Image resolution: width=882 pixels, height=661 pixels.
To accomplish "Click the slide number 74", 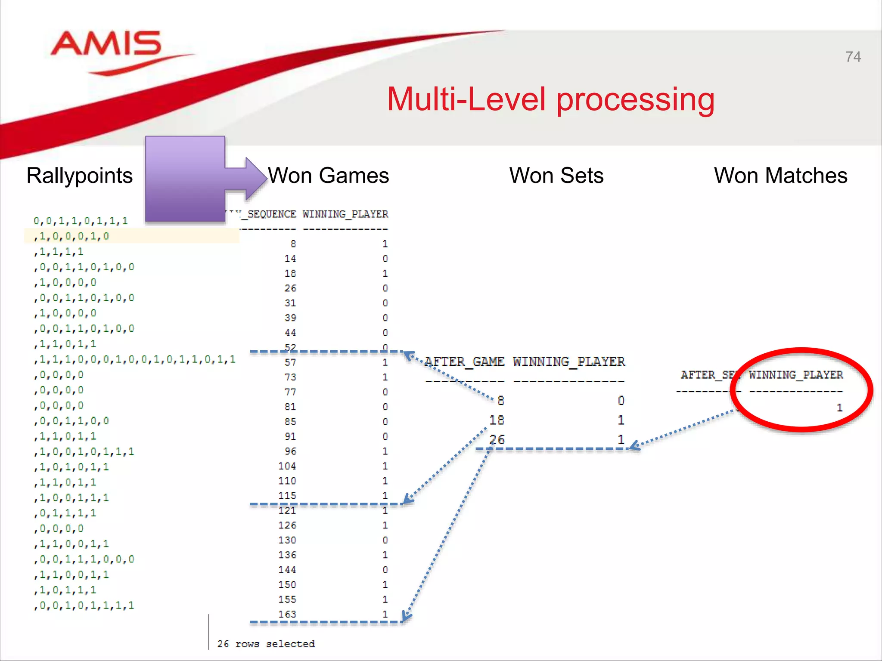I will (x=853, y=57).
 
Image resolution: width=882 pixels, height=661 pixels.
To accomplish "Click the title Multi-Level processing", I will (x=550, y=99).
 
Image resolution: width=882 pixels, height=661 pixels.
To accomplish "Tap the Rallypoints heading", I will (x=80, y=176).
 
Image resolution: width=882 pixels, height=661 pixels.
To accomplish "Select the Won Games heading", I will (x=328, y=176).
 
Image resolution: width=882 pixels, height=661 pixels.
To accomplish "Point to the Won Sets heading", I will (x=556, y=176).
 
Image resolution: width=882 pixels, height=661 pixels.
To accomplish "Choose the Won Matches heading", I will (x=780, y=176).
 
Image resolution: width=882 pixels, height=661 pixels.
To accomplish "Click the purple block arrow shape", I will (x=194, y=179).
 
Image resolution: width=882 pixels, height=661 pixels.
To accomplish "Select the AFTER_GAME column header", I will (x=464, y=361).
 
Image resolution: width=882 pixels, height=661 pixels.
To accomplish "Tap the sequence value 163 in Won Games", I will (x=287, y=614).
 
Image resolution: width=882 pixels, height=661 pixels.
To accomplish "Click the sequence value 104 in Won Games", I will (x=287, y=466).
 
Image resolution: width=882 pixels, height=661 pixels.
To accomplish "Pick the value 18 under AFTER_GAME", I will (x=496, y=420).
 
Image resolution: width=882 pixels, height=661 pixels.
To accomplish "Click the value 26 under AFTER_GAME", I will (x=496, y=439).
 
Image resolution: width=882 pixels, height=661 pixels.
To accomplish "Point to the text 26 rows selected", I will (x=266, y=644).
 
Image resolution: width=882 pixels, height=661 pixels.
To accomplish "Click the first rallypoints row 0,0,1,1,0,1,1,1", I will (x=81, y=221).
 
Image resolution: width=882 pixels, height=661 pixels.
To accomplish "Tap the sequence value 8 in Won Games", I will (x=293, y=244).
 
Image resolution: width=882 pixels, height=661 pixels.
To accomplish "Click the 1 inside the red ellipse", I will (x=839, y=408).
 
